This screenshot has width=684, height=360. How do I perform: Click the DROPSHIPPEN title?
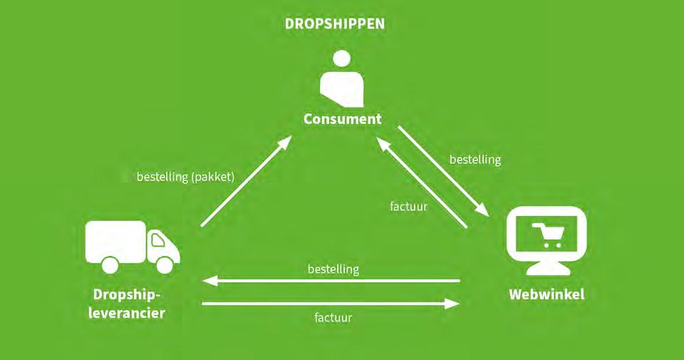[335, 24]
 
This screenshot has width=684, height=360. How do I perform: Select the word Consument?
[342, 119]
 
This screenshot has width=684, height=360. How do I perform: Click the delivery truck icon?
[132, 247]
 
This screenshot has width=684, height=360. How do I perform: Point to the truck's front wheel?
[165, 264]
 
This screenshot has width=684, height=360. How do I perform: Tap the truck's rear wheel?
[109, 264]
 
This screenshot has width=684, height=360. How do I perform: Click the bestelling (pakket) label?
[185, 177]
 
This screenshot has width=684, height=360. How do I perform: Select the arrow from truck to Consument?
[246, 181]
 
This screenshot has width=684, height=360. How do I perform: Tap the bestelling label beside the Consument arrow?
[475, 160]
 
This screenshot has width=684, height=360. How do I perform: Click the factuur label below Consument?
[409, 207]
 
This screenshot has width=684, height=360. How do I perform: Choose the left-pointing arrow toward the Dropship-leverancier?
[331, 282]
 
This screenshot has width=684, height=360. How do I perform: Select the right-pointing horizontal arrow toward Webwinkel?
[331, 304]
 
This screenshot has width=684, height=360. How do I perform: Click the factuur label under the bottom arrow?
[333, 318]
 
